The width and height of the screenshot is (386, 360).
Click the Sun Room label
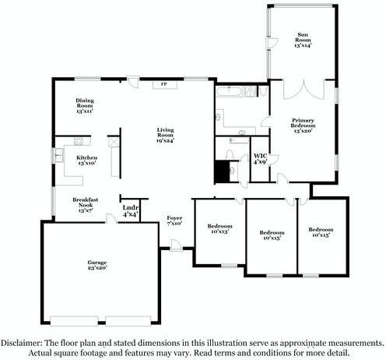click(x=303, y=41)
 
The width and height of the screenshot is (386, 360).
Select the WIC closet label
click(x=261, y=159)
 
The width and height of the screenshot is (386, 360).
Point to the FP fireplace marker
click(x=164, y=84)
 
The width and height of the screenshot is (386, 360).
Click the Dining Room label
click(x=85, y=105)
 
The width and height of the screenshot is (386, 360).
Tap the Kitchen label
click(x=86, y=161)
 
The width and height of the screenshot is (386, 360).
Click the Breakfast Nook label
click(x=84, y=204)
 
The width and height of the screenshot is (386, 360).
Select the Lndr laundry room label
click(x=130, y=211)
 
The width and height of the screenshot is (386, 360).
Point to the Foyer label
click(x=174, y=221)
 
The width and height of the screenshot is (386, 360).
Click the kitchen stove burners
click(x=113, y=143)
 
